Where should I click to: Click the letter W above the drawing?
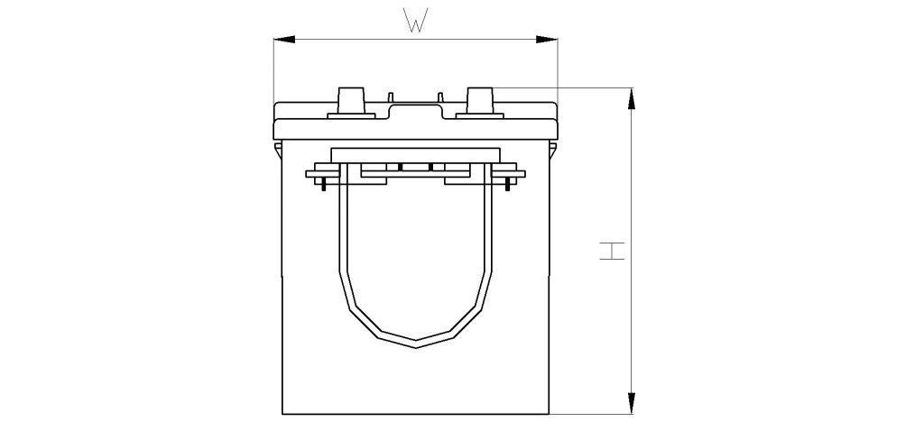pos(415,20)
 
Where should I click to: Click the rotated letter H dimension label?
pos(612,251)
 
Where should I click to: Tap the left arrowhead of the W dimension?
pos(284,40)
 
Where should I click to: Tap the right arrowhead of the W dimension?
pos(547,40)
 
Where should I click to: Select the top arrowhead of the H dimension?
pos(632,98)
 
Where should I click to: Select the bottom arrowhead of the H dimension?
pos(632,403)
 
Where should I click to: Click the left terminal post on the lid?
pos(351,101)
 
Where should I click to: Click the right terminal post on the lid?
pos(480,101)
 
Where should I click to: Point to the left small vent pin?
pos(390,97)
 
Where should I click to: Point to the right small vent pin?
pos(440,97)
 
